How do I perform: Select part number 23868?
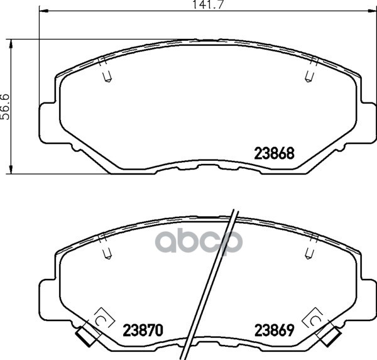[274, 152]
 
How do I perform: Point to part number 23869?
[274, 329]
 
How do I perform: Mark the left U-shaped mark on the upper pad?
[106, 77]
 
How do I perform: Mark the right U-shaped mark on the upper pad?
[308, 77]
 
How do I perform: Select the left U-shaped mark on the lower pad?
[106, 253]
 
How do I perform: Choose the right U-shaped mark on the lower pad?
[308, 253]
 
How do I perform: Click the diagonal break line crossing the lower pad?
[217, 283]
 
